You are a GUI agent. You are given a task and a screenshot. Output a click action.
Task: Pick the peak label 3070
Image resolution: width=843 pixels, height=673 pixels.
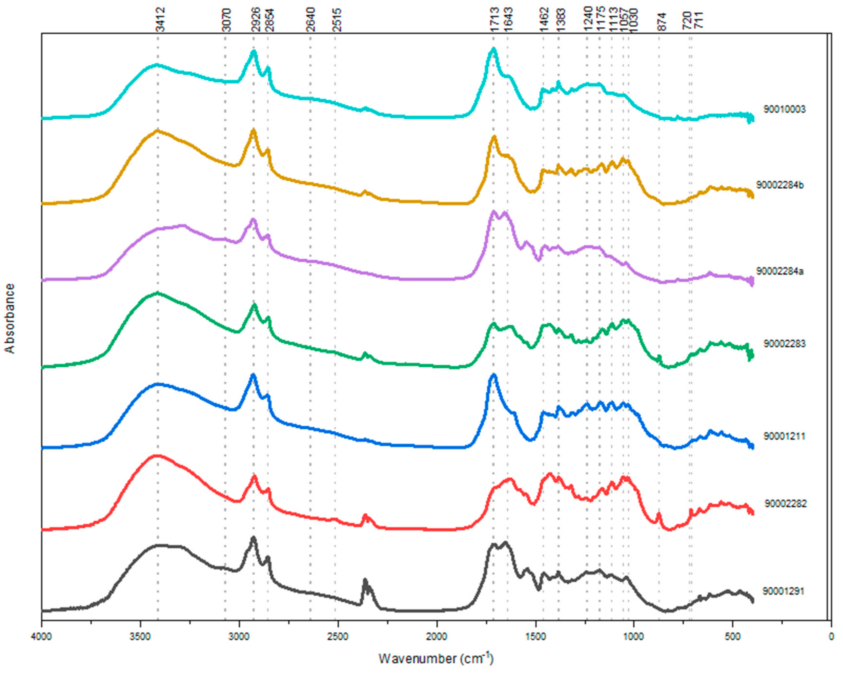[227, 20]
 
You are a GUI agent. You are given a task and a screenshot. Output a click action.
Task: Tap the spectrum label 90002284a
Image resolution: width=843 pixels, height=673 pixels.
[780, 271]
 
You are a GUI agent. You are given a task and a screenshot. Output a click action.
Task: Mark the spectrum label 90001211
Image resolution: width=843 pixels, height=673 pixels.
[784, 436]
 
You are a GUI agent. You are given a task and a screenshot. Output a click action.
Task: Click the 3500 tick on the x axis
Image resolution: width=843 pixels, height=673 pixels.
[140, 637]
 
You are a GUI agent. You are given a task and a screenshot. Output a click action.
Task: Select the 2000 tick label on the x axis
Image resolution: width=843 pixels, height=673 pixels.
[437, 637]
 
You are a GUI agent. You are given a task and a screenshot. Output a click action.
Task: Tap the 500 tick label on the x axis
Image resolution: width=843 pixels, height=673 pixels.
[732, 637]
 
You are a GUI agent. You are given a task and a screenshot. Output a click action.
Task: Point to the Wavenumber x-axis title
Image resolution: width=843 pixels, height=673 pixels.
[436, 658]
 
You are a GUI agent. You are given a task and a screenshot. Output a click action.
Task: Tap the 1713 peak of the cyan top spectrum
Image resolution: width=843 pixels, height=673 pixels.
[493, 50]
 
